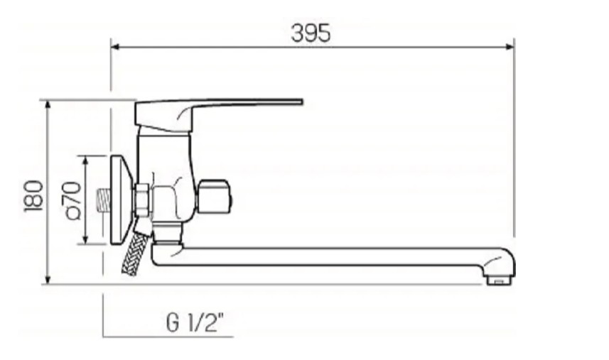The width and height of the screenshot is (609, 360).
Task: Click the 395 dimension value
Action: coord(311,33)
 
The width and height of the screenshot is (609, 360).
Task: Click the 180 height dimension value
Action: coord(33,195)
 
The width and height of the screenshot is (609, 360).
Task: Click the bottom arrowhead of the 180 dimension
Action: coord(48,280)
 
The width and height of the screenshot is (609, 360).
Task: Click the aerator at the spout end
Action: coord(500,279)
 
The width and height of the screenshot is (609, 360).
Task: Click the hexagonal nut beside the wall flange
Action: coord(141,200)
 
